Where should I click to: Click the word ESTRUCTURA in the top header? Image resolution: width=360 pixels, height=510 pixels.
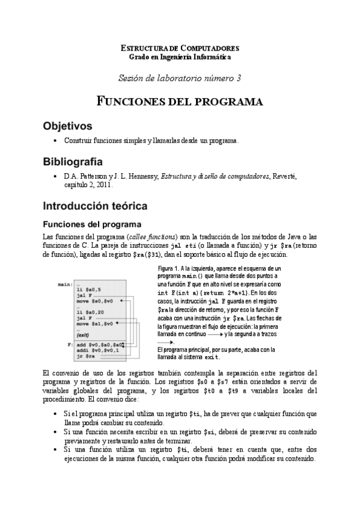click(x=143, y=48)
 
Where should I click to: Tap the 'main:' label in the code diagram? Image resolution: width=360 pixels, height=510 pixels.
click(x=65, y=283)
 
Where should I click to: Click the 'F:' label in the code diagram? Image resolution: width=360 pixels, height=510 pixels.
click(x=70, y=345)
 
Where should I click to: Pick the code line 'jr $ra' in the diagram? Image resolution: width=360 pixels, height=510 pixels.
click(x=86, y=357)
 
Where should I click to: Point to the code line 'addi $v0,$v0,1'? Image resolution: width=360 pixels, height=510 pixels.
click(x=99, y=351)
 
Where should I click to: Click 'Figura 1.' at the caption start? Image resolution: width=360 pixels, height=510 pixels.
click(x=169, y=268)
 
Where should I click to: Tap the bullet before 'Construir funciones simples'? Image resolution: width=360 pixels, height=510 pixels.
click(x=55, y=141)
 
